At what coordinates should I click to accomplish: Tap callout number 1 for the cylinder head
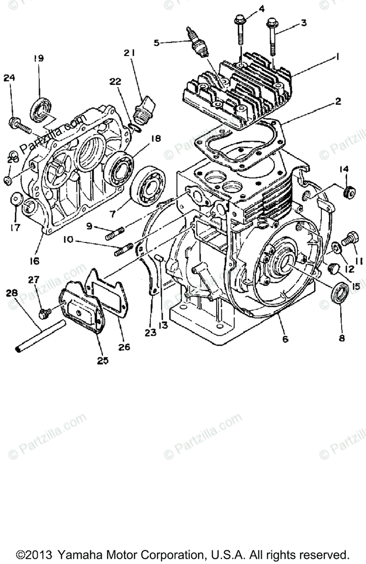tap(337, 57)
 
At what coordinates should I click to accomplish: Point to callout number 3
tap(304, 22)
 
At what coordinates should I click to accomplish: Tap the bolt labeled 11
tap(348, 239)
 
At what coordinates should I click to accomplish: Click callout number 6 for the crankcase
tap(285, 338)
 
